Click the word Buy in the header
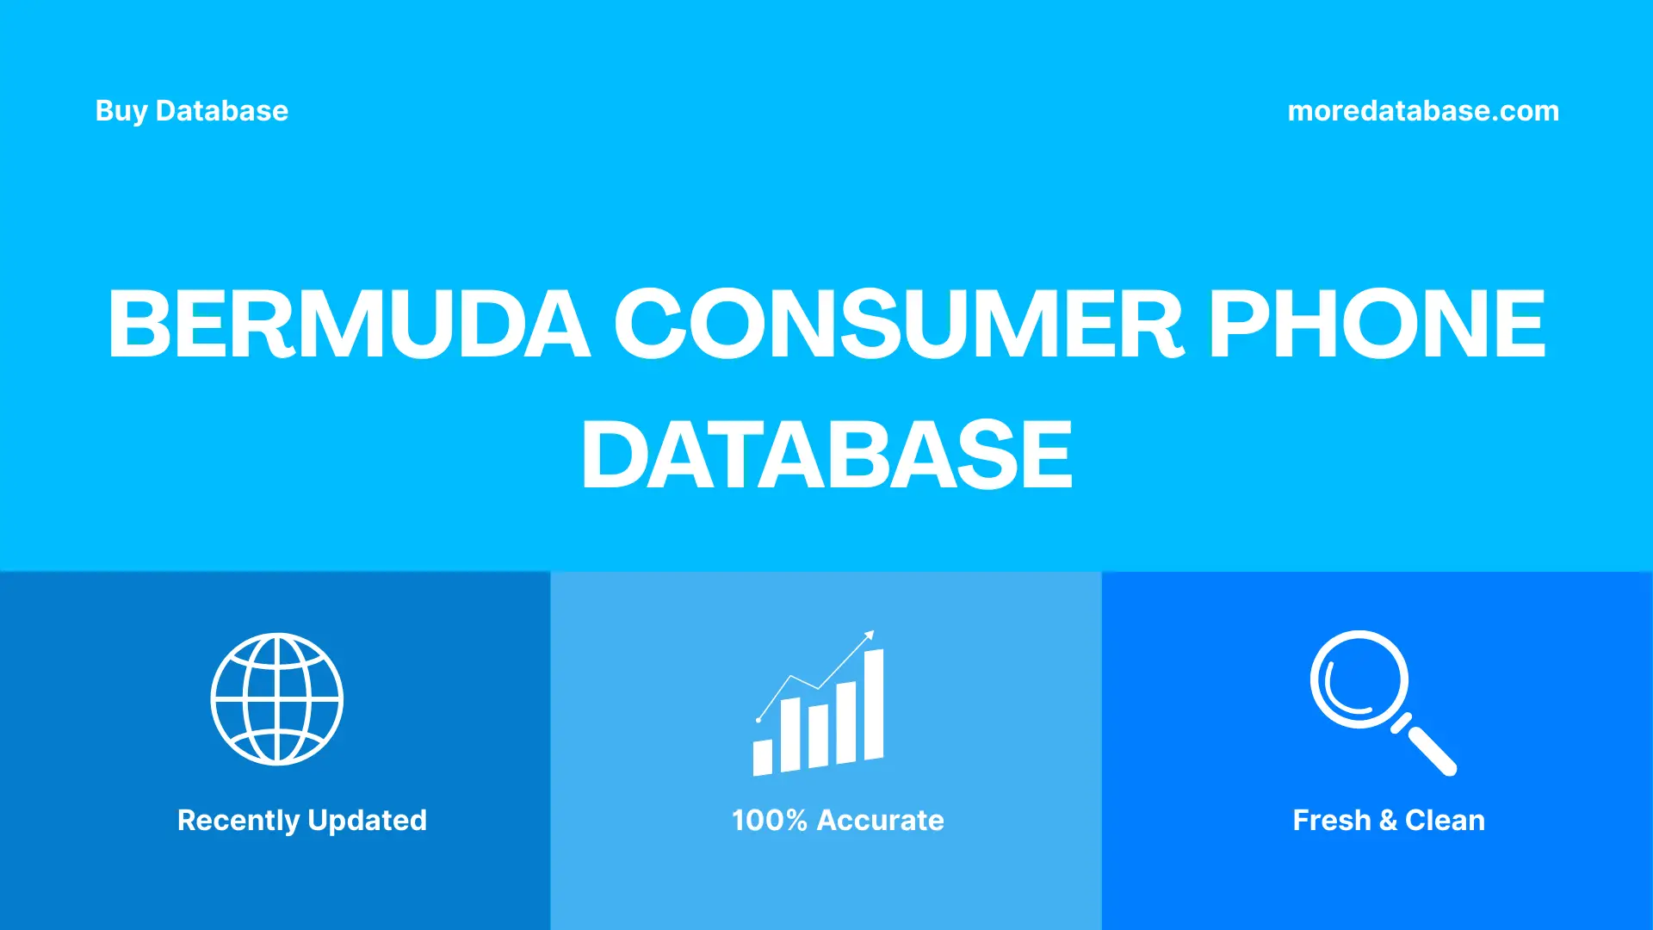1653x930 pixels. coord(121,111)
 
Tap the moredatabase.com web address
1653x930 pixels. coord(1423,111)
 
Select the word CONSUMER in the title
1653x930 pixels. coord(899,324)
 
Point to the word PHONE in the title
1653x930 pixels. coord(1377,324)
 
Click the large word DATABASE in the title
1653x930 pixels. coord(826,455)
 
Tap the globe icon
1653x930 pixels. coord(277,699)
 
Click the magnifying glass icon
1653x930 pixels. coord(1360,680)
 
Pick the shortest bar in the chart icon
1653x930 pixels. coord(763,757)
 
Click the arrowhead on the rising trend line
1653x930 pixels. coord(870,635)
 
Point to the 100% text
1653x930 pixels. coord(770,821)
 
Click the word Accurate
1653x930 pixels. coord(880,821)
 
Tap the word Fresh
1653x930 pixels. coord(1331,821)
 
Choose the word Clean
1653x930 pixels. coord(1445,821)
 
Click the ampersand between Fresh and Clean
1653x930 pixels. coord(1388,821)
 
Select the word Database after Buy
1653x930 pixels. coord(222,111)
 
